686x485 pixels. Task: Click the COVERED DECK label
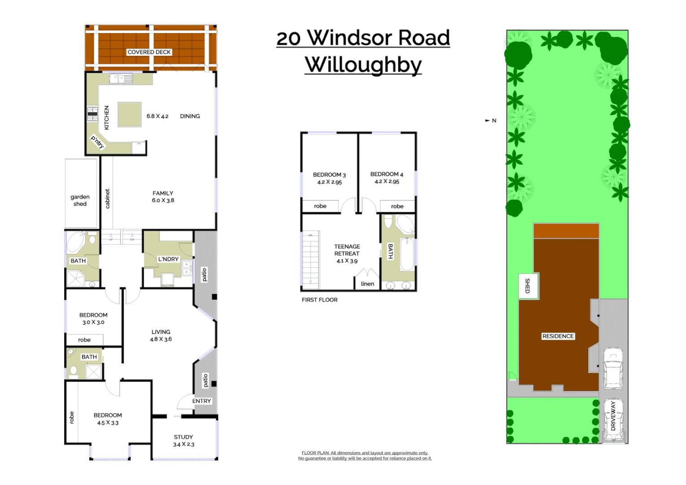click(x=149, y=52)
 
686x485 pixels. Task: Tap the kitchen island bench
click(x=130, y=115)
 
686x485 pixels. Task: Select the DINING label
click(x=190, y=116)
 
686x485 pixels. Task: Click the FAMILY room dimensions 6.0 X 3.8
click(x=163, y=201)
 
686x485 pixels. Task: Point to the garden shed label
click(x=80, y=200)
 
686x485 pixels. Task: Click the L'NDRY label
click(x=168, y=259)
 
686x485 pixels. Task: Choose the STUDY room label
click(x=183, y=437)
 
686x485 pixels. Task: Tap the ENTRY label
click(x=202, y=401)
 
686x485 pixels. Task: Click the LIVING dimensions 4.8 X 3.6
click(x=161, y=339)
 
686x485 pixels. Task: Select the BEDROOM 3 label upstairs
click(x=329, y=175)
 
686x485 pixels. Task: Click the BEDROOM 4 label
click(x=387, y=174)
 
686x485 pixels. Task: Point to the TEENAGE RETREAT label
click(x=347, y=250)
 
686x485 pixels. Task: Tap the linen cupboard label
click(x=367, y=284)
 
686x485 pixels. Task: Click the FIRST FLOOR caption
click(x=319, y=300)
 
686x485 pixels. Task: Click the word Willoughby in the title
click(x=363, y=65)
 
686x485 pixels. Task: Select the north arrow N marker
click(x=492, y=120)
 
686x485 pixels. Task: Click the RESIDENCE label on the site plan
click(x=558, y=336)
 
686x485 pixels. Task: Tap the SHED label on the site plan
click(x=528, y=286)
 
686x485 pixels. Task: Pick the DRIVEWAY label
click(x=613, y=416)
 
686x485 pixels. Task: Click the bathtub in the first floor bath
click(x=407, y=254)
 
